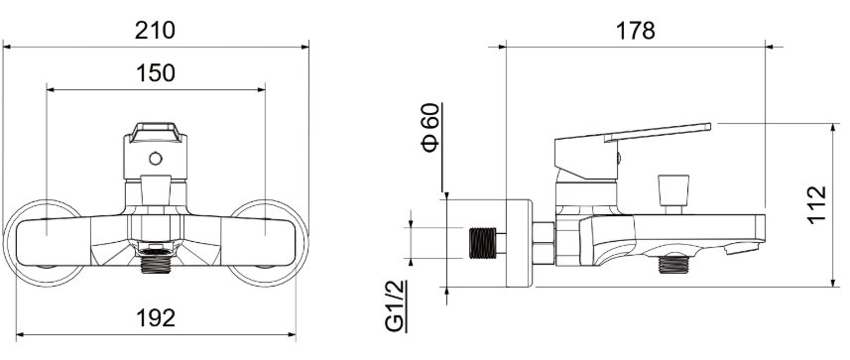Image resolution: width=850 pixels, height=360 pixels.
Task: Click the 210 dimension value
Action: point(155,31)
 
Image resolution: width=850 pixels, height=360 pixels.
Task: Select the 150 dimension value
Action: point(155,73)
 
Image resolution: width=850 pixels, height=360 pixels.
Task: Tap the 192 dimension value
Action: point(155,318)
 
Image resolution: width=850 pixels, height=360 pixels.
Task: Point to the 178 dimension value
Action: point(636,31)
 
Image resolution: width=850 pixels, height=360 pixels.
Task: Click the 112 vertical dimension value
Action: point(816,204)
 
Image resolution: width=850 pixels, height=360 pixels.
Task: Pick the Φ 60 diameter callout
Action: point(431,128)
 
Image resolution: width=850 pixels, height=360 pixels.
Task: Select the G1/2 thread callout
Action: point(396,305)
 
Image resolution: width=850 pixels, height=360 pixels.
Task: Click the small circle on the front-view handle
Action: point(156,159)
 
